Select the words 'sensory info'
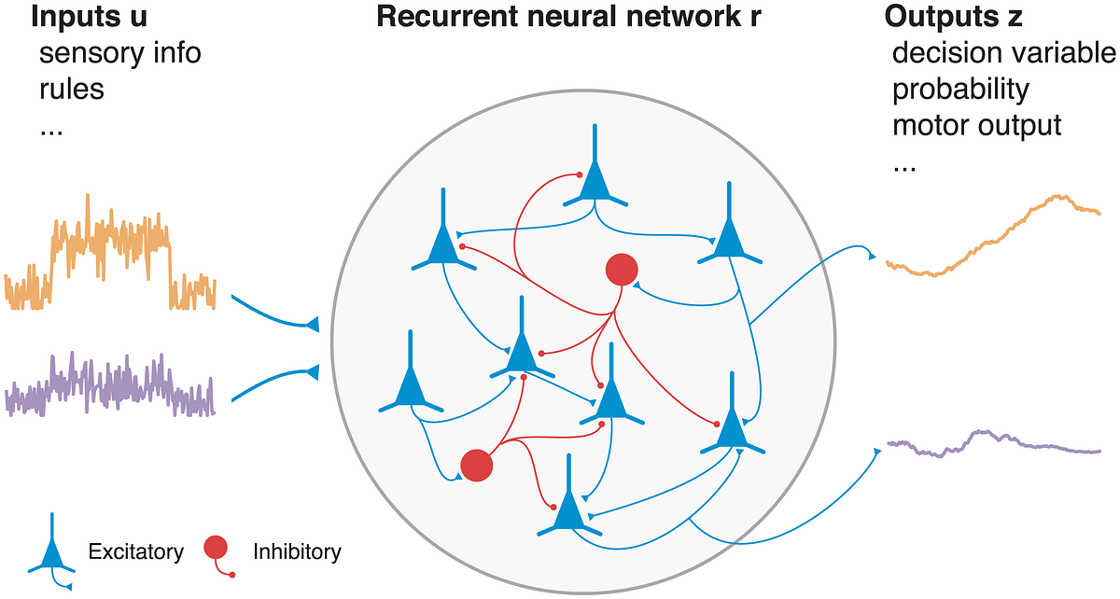[x=119, y=52]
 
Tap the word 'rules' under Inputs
[x=72, y=90]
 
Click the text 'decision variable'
[x=1003, y=53]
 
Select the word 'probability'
[x=960, y=90]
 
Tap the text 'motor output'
[x=977, y=125]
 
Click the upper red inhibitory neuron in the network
[x=621, y=270]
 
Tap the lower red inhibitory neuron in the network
[x=477, y=465]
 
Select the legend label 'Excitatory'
[x=135, y=551]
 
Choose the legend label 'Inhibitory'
[x=297, y=551]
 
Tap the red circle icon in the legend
[x=216, y=548]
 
